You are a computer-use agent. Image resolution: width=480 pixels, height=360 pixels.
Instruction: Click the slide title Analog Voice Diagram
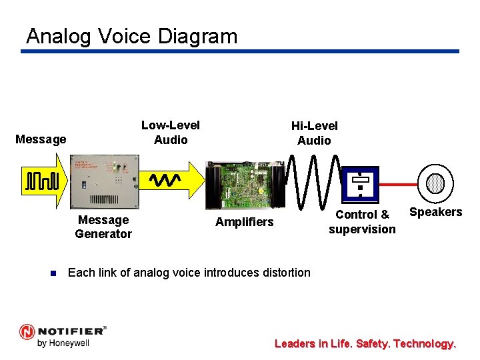131,35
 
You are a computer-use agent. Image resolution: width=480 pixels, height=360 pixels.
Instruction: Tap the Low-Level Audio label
171,133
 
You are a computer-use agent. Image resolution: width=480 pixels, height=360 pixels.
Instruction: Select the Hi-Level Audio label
314,133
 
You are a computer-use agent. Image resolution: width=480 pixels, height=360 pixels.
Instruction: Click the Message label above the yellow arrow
41,139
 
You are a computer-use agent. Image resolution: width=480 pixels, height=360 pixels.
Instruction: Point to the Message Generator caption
103,227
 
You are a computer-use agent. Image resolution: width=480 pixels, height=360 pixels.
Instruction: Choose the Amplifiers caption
244,222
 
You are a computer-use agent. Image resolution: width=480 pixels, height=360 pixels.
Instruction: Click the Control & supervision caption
362,222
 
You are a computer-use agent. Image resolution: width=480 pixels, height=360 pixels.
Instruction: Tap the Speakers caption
435,212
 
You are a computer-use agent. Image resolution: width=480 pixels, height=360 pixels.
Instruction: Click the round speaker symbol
435,183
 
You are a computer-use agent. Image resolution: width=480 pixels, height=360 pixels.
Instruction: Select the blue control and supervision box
360,184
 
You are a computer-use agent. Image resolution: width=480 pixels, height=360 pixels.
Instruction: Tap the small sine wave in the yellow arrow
165,180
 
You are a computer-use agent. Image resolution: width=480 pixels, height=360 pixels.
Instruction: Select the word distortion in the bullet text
285,272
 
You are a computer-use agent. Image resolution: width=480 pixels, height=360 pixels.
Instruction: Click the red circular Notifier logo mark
27,331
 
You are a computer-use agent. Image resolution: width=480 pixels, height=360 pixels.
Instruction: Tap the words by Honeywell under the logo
63,343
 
